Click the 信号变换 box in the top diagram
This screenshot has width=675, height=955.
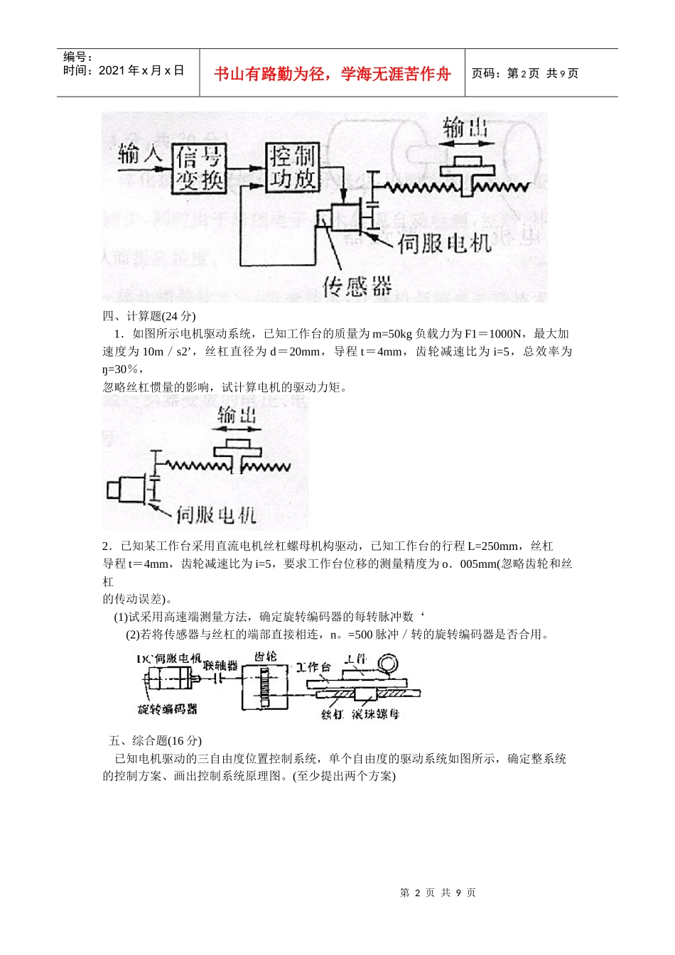pos(200,168)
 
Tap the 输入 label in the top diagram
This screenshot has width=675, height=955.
pos(141,153)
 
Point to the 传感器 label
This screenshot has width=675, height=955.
pos(357,286)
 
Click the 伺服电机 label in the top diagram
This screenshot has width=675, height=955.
pos(444,244)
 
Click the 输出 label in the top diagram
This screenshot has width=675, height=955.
pos(465,128)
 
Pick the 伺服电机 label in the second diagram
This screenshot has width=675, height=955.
pos(215,514)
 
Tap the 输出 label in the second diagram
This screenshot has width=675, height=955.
pos(237,415)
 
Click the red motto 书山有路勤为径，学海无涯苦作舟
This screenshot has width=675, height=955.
pos(333,74)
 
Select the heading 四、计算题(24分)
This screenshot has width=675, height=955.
pos(149,316)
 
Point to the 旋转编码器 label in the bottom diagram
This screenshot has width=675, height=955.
pos(167,708)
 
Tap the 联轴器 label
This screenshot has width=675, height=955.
pos(220,665)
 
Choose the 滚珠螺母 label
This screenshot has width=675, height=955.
pos(375,713)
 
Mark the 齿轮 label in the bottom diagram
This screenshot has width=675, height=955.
pos(265,656)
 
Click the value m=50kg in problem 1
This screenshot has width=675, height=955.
pos(391,333)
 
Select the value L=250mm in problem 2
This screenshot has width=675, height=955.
pos(493,546)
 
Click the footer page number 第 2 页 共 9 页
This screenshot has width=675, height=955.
pos(438,892)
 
